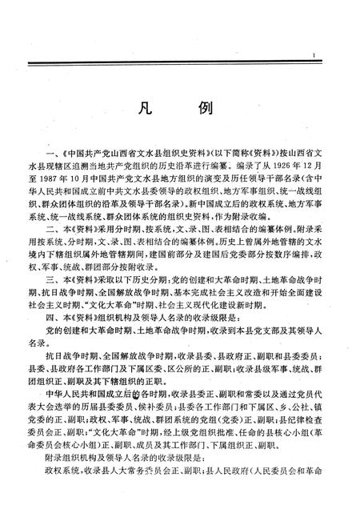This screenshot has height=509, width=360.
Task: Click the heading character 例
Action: coord(201,110)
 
